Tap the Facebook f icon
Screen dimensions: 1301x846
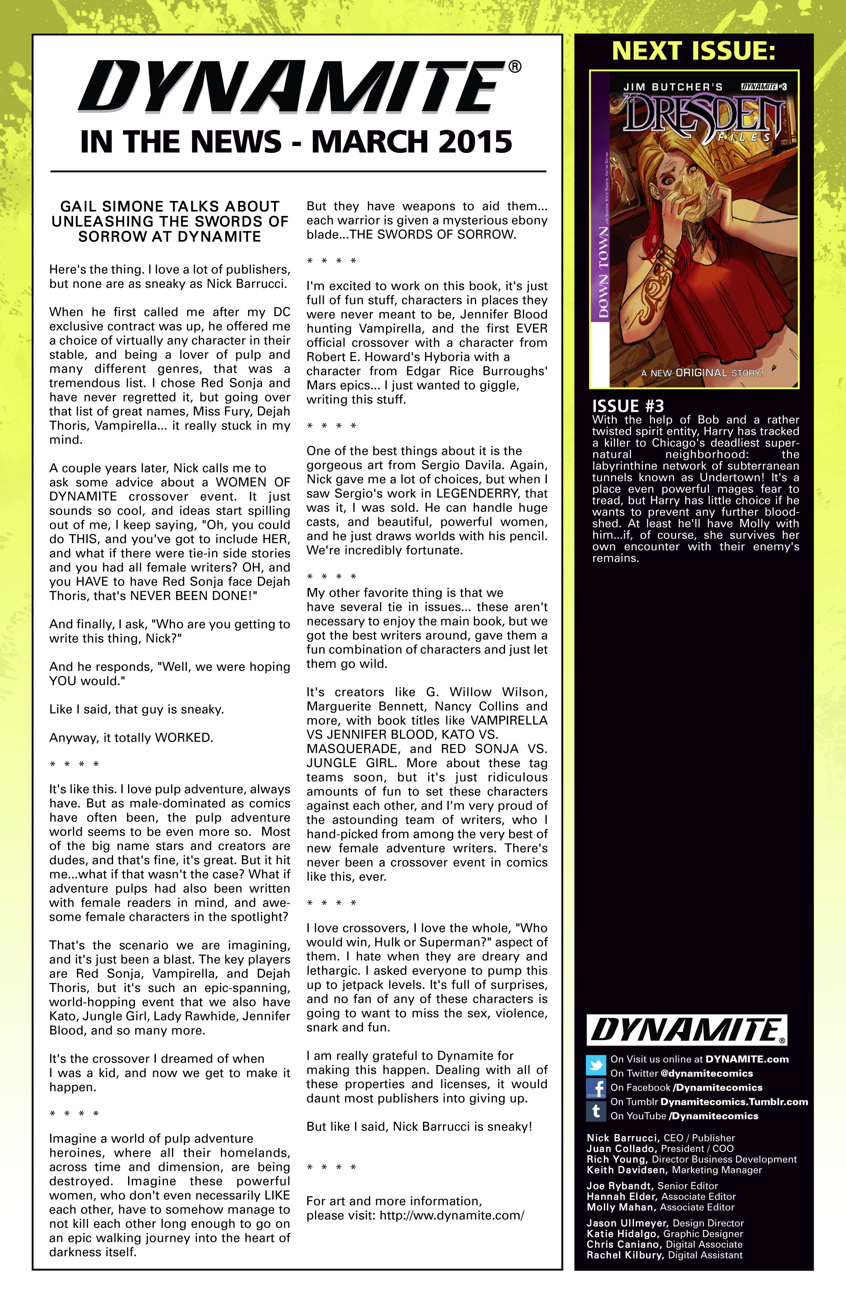tap(596, 1088)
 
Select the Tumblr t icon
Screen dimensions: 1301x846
tap(596, 1111)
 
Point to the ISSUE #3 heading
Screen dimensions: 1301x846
tap(628, 406)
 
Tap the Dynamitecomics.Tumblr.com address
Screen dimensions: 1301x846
tap(733, 1101)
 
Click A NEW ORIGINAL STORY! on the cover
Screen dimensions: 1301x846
tap(702, 373)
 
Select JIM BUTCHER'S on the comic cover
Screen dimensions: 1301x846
tap(673, 87)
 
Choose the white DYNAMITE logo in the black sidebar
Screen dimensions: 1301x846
tap(687, 1030)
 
